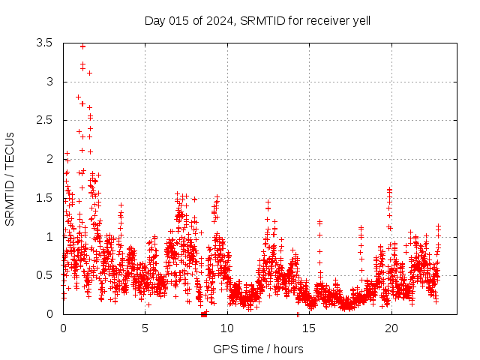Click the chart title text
point(257,20)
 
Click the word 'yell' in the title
point(360,20)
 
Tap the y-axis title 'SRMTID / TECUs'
point(10,178)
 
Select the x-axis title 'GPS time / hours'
point(258,349)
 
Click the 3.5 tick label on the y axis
point(44,43)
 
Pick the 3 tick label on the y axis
point(49,82)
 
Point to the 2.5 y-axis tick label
point(44,120)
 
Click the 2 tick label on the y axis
point(49,159)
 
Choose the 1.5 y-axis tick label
point(44,198)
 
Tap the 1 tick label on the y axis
point(49,237)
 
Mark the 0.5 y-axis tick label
point(44,275)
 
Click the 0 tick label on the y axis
point(49,314)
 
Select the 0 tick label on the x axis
point(63,328)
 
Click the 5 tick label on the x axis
point(145,328)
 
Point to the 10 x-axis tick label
point(226,328)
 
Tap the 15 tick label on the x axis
point(309,328)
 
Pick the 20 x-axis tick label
point(391,328)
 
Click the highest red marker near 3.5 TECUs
point(82,46)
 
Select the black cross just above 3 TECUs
point(89,73)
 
